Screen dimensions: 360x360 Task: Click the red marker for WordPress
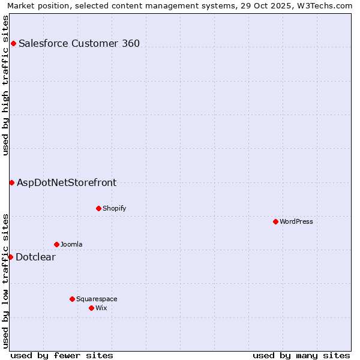pyautogui.click(x=275, y=221)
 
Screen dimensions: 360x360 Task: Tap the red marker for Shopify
pyautogui.click(x=98, y=208)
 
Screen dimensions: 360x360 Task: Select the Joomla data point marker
pyautogui.click(x=56, y=244)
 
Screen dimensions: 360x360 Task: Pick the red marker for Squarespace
pyautogui.click(x=72, y=299)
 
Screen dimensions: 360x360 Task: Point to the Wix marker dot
pyautogui.click(x=91, y=308)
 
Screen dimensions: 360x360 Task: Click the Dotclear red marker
pyautogui.click(x=10, y=257)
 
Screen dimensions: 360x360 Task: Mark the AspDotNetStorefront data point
pyautogui.click(x=11, y=182)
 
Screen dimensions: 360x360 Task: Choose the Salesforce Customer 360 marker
pyautogui.click(x=13, y=43)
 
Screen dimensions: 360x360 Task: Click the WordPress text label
pyautogui.click(x=296, y=221)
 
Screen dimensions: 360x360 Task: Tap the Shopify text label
pyautogui.click(x=115, y=208)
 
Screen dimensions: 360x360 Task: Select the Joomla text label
pyautogui.click(x=71, y=244)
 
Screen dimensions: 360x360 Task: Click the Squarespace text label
pyautogui.click(x=97, y=299)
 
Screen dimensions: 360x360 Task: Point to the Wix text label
pyautogui.click(x=101, y=308)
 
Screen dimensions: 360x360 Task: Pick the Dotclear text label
pyautogui.click(x=35, y=257)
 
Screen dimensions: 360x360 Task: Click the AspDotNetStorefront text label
pyautogui.click(x=67, y=183)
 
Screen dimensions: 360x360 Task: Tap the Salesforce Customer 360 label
pyautogui.click(x=79, y=43)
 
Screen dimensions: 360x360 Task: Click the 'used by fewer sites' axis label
pyautogui.click(x=62, y=355)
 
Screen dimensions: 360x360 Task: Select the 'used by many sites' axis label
pyautogui.click(x=301, y=355)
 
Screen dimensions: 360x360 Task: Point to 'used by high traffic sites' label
pyautogui.click(x=5, y=85)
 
